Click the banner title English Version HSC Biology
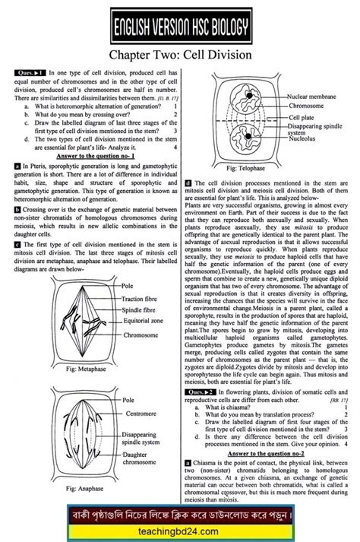tap(179, 29)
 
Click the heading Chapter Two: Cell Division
tap(179, 55)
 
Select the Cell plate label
tap(300, 118)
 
